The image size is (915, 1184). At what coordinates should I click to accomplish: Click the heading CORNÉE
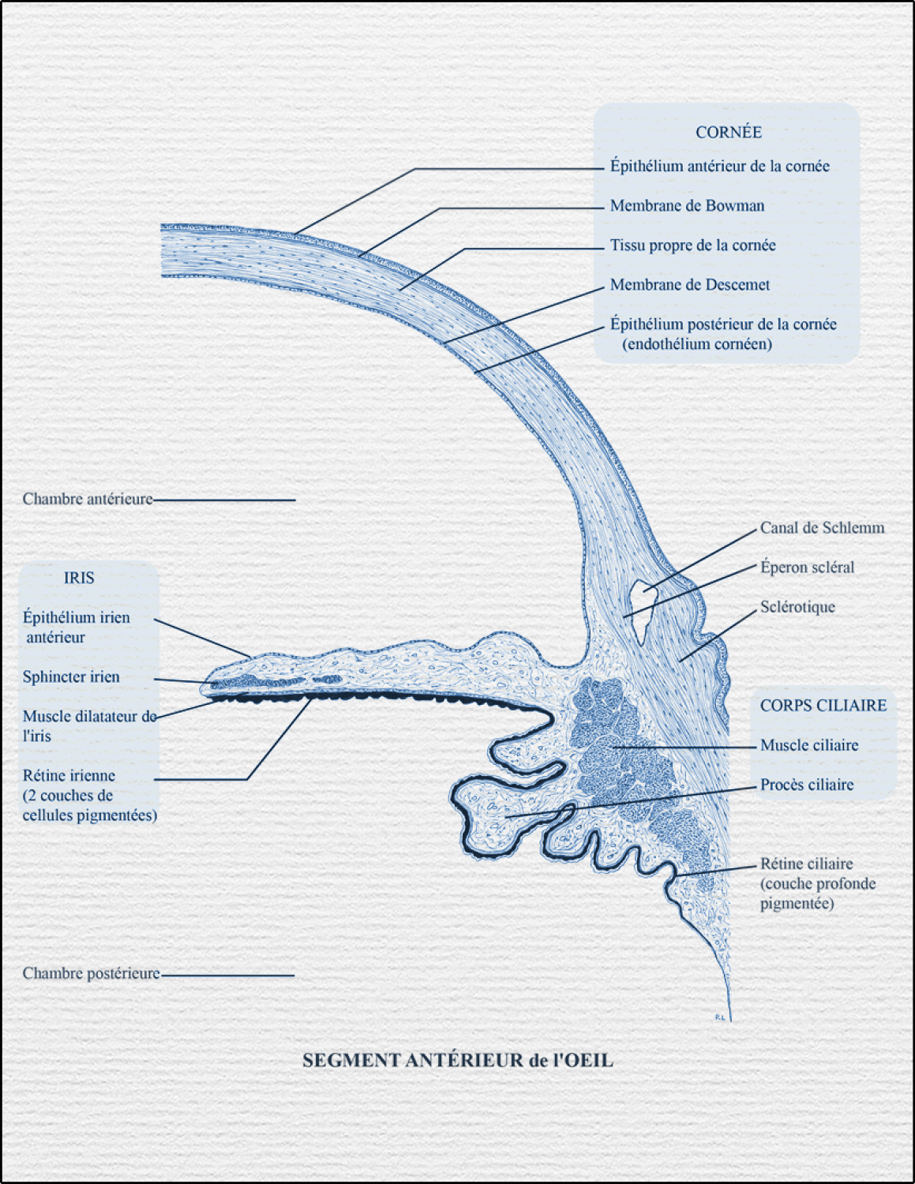[x=728, y=133]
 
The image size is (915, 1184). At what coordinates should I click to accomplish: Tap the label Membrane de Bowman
[x=687, y=206]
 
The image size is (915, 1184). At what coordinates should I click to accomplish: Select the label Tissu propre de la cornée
[x=692, y=245]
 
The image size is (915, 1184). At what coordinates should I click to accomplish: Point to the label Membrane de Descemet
[x=689, y=285]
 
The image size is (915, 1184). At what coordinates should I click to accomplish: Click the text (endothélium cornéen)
[x=696, y=344]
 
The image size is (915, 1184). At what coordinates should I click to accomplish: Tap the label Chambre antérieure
[x=88, y=499]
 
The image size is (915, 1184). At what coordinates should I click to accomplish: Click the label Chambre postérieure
[x=91, y=974]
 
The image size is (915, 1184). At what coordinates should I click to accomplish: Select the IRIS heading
[x=79, y=578]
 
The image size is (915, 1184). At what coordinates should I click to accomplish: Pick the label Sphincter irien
[x=71, y=677]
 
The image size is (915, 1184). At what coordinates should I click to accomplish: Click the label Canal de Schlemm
[x=822, y=528]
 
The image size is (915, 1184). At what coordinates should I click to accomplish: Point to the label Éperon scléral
[x=807, y=568]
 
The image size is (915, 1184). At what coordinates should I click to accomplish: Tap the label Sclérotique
[x=797, y=607]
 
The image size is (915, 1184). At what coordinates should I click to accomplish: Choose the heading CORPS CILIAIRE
[x=823, y=706]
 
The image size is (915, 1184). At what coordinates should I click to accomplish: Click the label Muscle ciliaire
[x=809, y=745]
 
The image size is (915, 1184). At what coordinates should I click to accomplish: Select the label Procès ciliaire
[x=807, y=785]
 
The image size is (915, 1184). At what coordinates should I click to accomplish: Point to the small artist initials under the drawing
[x=719, y=1017]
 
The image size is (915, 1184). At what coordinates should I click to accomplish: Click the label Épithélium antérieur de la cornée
[x=719, y=167]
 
